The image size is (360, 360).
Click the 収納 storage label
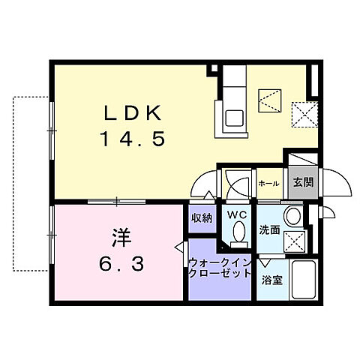[200, 218]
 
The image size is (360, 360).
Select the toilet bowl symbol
[238, 235]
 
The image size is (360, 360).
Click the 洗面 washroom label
[270, 230]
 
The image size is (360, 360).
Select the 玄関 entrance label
[302, 182]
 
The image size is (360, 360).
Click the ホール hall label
[268, 183]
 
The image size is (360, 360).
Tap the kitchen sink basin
[234, 118]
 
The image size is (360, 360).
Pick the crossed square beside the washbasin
[293, 241]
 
